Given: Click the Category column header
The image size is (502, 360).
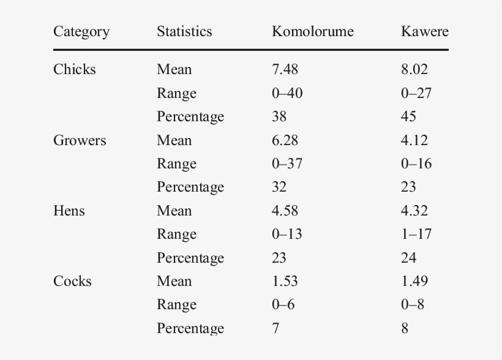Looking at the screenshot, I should (x=81, y=32).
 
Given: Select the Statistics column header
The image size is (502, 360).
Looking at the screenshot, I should (x=184, y=32).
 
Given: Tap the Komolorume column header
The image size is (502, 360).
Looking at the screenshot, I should (x=312, y=32).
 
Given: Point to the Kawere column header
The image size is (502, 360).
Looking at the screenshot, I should (x=424, y=32).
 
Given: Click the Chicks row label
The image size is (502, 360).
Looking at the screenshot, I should (x=75, y=69).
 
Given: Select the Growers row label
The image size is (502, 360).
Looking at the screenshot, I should (x=80, y=140).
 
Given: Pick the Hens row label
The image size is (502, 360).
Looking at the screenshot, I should (x=69, y=211).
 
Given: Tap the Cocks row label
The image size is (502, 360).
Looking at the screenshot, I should (x=72, y=281).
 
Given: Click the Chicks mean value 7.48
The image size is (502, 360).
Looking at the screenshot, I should (x=285, y=69).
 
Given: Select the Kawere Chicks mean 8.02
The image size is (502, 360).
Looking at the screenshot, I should (x=414, y=69).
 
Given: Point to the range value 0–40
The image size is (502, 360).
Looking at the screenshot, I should (x=287, y=93).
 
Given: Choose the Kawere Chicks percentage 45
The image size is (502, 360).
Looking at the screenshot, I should (x=408, y=116).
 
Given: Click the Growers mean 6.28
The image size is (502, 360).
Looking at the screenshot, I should (x=285, y=140).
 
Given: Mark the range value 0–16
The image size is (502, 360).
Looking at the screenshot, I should (x=416, y=163).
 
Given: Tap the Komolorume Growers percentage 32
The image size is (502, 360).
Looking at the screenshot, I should (x=279, y=187).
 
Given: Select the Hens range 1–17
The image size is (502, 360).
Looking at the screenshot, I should (x=416, y=234).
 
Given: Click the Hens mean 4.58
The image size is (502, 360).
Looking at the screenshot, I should (x=285, y=211).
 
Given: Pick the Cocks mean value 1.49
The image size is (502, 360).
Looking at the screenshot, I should (x=414, y=281).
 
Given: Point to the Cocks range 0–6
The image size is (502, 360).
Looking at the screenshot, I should (x=283, y=304).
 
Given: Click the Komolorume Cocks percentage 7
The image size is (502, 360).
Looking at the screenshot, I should (x=275, y=328).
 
